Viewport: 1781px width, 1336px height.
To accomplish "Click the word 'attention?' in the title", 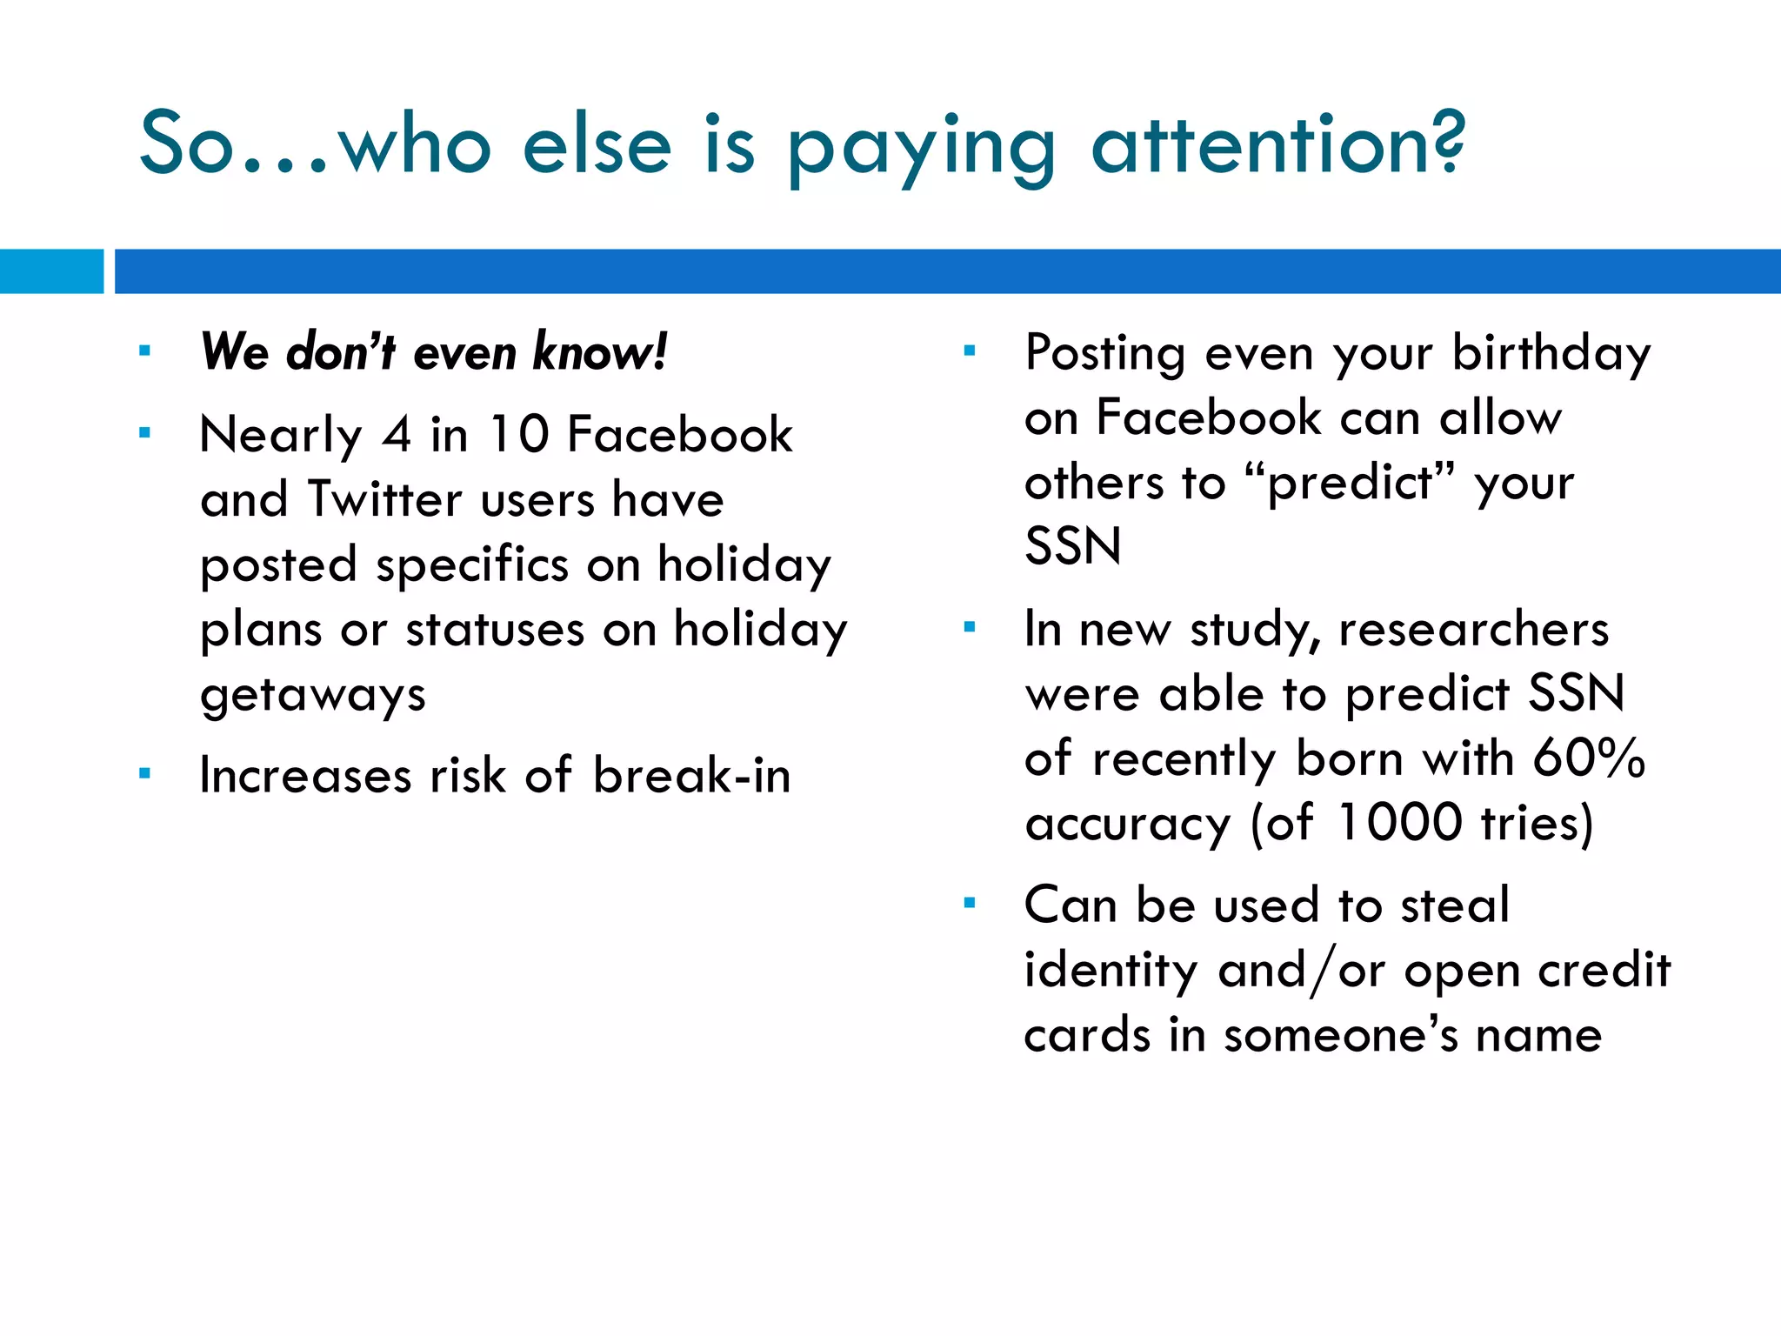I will tap(1278, 144).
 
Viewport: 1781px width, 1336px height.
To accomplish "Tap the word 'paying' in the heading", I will tap(922, 150).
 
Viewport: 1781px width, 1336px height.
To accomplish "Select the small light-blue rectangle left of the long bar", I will tap(51, 271).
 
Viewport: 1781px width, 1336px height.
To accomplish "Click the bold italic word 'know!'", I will tap(600, 352).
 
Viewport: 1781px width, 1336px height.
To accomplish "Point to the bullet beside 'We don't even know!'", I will tap(144, 352).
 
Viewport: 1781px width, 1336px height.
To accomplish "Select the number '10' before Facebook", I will tap(518, 434).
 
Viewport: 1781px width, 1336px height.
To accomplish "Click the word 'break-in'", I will tap(691, 775).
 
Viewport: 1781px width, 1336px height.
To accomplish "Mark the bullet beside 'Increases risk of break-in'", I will tap(144, 773).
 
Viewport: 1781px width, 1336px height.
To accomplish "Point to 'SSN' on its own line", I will tap(1072, 547).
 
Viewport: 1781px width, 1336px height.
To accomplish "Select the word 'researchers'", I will tap(1474, 629).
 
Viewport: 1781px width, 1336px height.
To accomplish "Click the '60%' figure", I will tap(1588, 758).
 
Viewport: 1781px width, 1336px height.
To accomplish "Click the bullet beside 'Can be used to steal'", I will tap(970, 904).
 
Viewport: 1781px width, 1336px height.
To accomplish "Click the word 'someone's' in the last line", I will tap(1339, 1035).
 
